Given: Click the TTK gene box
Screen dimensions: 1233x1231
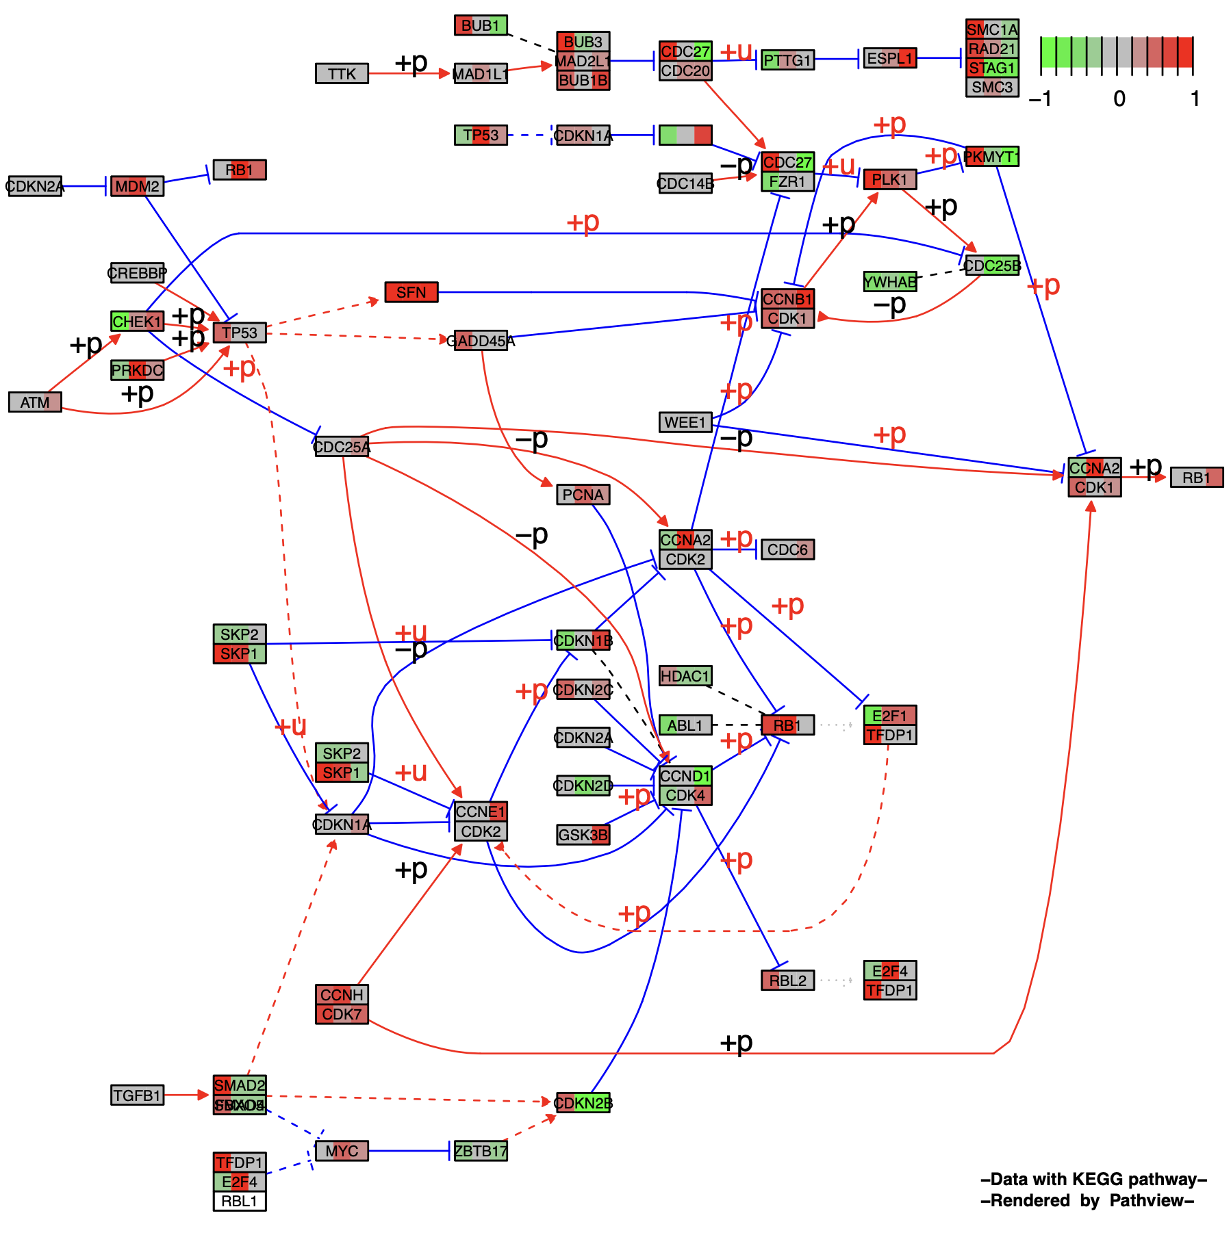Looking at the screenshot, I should [x=342, y=73].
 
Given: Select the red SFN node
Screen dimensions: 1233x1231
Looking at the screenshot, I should [x=411, y=292].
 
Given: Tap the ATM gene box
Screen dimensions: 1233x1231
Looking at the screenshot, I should [x=35, y=402].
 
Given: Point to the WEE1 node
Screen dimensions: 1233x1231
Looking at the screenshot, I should [x=685, y=422].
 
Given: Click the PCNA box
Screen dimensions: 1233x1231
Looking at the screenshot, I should [x=583, y=495].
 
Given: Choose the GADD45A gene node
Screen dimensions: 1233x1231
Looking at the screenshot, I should [x=481, y=340].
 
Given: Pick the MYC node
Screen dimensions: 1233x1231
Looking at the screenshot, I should [x=342, y=1151].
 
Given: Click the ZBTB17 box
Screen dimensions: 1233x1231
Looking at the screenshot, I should [x=481, y=1151].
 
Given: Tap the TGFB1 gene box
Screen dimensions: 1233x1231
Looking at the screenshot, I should [x=137, y=1095].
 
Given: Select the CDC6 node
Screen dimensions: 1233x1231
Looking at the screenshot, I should [x=787, y=549].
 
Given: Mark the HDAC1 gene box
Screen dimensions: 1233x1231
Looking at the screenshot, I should [x=685, y=676].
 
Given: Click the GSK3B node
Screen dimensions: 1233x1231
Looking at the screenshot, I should [x=583, y=835].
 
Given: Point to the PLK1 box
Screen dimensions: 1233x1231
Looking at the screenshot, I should [x=889, y=179].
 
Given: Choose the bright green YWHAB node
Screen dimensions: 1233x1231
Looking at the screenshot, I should [x=889, y=282].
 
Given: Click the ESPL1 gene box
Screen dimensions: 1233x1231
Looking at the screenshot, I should [x=889, y=58].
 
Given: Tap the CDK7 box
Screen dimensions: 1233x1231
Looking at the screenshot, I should [x=342, y=1014].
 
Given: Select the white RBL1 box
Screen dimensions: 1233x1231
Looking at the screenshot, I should [x=240, y=1201].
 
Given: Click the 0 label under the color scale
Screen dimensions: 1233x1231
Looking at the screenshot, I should [x=1119, y=99].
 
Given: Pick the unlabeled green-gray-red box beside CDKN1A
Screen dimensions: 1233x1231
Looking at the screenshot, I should [x=685, y=135].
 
